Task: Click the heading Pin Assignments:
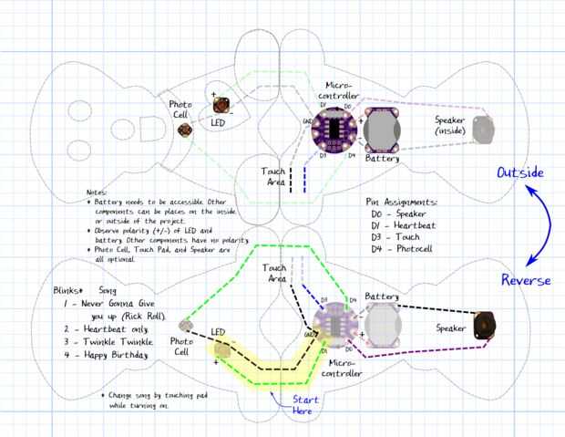(401, 203)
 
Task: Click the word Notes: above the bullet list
(98, 192)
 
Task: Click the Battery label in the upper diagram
(382, 159)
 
